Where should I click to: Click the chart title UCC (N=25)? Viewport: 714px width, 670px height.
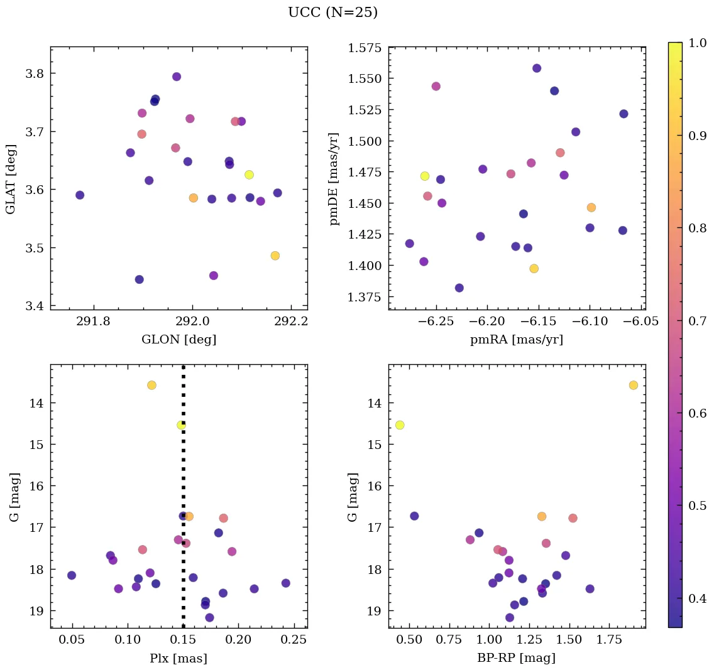tap(332, 13)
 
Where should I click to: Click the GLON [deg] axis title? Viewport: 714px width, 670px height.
tap(178, 340)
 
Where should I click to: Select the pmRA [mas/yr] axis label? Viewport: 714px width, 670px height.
tap(516, 340)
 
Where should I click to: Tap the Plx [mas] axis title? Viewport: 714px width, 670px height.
tap(178, 658)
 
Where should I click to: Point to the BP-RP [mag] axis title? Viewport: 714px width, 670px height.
tap(516, 658)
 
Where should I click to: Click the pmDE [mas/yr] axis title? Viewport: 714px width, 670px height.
tap(334, 178)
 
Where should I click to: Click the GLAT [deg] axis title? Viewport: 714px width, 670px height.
tap(11, 178)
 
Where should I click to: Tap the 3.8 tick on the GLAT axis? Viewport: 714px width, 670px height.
tap(35, 73)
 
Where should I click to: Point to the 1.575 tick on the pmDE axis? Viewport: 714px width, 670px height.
tap(365, 48)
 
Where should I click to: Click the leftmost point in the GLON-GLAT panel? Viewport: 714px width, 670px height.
tap(80, 195)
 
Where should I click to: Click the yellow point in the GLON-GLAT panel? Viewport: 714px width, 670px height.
tap(249, 175)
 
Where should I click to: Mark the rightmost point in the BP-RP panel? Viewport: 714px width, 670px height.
tap(633, 385)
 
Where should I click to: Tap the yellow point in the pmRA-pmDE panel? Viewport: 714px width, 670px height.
tap(425, 176)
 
